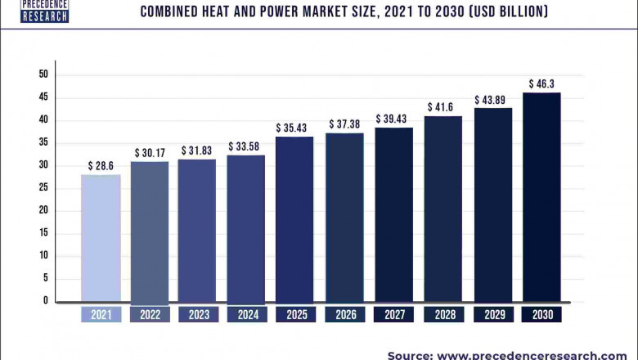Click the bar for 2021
(101, 237)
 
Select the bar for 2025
(294, 218)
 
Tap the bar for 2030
(541, 196)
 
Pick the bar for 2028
(443, 209)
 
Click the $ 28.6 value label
(101, 165)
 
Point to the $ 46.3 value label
(541, 83)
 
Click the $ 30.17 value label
(150, 152)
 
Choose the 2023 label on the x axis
(198, 315)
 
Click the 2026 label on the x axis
(344, 315)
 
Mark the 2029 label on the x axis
(492, 315)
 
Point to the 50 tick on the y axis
(43, 74)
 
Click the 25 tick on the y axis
(43, 187)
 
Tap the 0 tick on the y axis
(46, 301)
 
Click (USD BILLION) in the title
(501, 11)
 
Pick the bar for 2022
(150, 232)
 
